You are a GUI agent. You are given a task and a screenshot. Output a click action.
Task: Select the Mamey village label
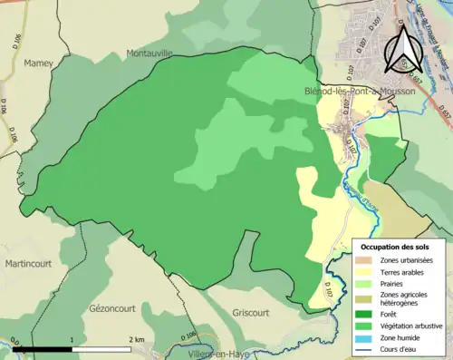(x=39, y=63)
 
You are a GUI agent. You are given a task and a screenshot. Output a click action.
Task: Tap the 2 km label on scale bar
(x=139, y=339)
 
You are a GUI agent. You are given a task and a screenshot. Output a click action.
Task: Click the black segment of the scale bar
(x=42, y=348)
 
